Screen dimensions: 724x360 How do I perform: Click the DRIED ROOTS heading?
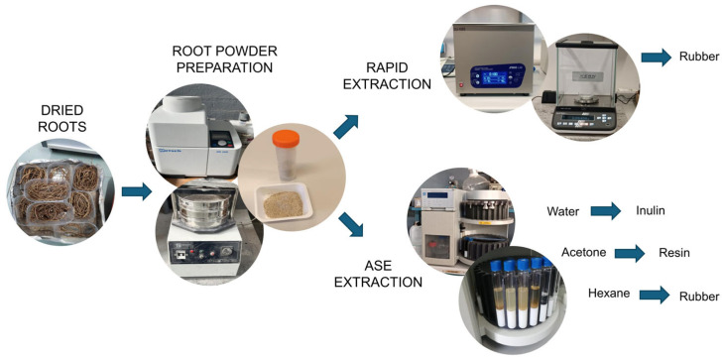(x=62, y=120)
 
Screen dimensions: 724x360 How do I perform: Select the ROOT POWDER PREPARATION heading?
(x=225, y=59)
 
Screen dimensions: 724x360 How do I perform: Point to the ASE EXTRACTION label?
(x=378, y=274)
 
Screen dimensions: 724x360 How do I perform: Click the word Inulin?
(x=650, y=211)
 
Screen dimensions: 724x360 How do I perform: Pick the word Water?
(x=563, y=212)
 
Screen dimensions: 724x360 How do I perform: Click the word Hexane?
(x=608, y=294)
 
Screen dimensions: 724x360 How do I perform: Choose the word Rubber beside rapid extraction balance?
(x=698, y=58)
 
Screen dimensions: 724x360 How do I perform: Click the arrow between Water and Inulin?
(x=606, y=211)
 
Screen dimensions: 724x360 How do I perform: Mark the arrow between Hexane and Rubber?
(x=655, y=295)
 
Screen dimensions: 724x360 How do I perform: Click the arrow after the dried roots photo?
(x=137, y=191)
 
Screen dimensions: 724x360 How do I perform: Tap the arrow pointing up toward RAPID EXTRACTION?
(x=346, y=127)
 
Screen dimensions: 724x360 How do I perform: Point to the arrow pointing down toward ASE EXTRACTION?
(x=350, y=224)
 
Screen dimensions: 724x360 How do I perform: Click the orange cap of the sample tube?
(x=286, y=138)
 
